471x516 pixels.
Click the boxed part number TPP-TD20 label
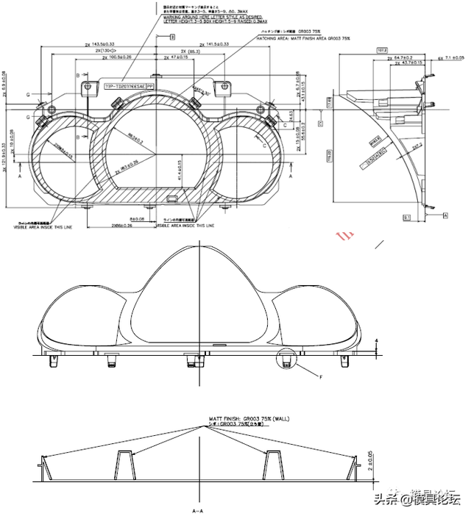(130, 86)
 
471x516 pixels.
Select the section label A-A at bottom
(197, 509)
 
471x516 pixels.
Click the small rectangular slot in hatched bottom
(172, 198)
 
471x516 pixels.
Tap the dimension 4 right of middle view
(376, 340)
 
